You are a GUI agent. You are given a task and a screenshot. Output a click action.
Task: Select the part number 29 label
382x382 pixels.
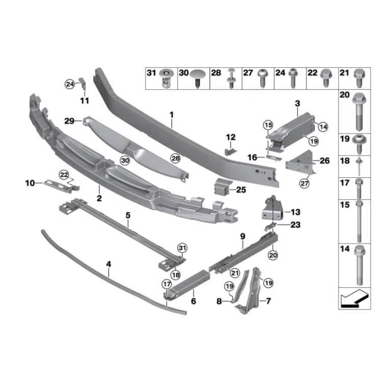tap(69, 121)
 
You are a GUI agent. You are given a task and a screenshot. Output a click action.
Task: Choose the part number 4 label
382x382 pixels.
tap(108, 265)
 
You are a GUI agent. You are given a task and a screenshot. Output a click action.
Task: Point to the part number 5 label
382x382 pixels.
tap(128, 215)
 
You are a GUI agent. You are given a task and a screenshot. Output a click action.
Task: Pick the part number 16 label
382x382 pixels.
tap(252, 158)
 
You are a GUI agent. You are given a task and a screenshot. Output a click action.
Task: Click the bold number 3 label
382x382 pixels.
tap(296, 104)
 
